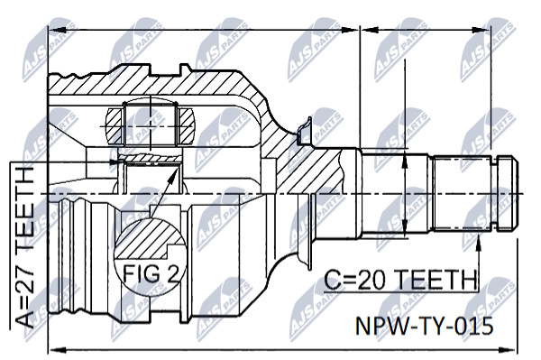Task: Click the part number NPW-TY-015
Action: (424, 326)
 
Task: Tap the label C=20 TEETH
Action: (401, 280)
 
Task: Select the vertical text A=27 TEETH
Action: (25, 247)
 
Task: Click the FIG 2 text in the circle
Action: (151, 273)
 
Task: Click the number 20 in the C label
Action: (370, 280)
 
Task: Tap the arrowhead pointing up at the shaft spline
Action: (478, 241)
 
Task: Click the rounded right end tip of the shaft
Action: (517, 192)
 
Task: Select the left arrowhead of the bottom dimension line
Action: (57, 351)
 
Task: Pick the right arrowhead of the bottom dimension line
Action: (510, 350)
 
